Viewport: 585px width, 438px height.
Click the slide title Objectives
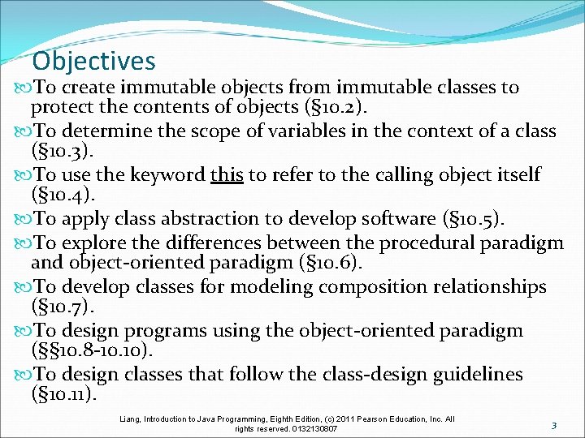[x=93, y=61]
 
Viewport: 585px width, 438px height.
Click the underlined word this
[x=227, y=175]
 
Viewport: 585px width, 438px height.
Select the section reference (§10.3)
[x=59, y=151]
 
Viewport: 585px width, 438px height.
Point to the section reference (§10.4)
[x=59, y=195]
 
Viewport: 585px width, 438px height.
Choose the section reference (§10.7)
[x=59, y=306]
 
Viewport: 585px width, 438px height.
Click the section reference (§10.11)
[x=63, y=395]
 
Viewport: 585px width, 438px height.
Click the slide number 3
[x=552, y=425]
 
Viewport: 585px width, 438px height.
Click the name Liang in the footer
[x=131, y=419]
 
